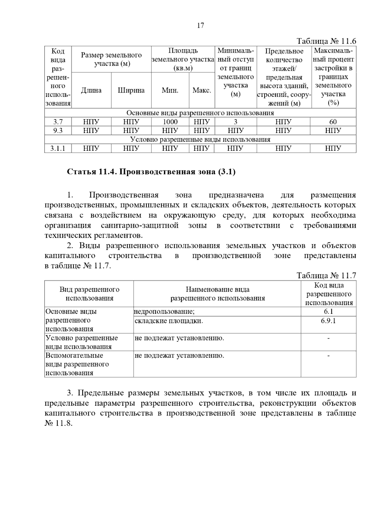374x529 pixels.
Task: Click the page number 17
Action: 200,26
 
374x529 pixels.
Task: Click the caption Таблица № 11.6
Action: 326,41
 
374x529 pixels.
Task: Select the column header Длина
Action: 91,91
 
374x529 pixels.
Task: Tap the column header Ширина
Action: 131,91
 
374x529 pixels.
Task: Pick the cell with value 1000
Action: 170,122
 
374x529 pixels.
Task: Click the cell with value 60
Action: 333,122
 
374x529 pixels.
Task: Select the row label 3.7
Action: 58,122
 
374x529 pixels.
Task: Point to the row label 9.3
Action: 58,131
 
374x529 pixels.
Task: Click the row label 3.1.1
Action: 58,148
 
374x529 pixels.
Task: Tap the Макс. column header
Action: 202,91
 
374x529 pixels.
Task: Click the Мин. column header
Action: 170,91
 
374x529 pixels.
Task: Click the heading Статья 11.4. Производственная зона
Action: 151,172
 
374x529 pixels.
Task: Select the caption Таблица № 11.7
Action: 326,275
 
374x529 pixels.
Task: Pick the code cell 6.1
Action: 328,312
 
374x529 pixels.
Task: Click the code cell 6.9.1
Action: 328,321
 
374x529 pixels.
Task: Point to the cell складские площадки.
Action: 169,321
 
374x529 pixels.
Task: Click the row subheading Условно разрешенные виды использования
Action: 200,139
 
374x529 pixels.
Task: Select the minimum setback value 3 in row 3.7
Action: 235,122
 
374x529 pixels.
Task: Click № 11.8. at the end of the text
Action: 59,424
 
